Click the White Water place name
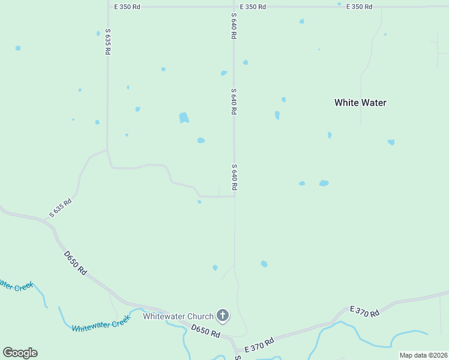(x=360, y=103)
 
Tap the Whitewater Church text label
(x=178, y=316)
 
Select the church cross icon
(x=223, y=315)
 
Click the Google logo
(x=20, y=353)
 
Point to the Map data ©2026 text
(x=423, y=355)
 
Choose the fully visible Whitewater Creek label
(x=101, y=325)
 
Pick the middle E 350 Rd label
(x=252, y=7)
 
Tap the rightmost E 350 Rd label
(x=359, y=7)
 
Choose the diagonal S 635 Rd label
(x=61, y=208)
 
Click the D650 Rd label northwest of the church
(x=75, y=263)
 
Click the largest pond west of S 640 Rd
(x=184, y=118)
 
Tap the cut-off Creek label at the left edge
(x=16, y=286)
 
